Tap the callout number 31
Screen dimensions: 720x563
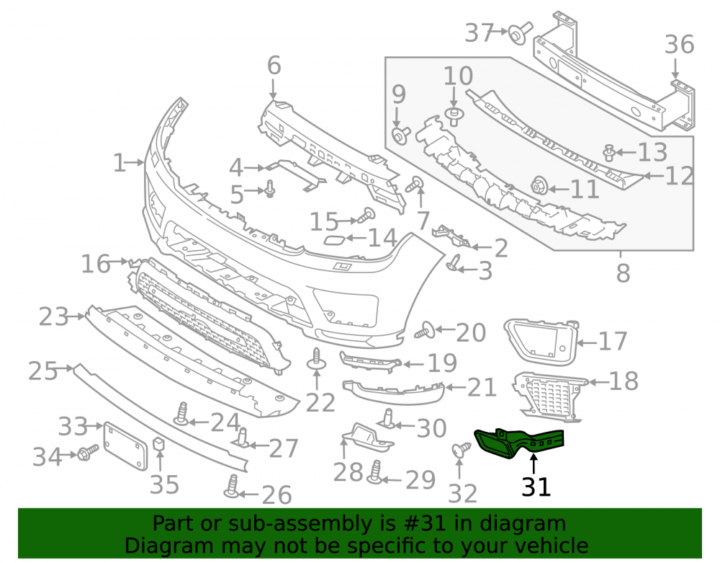[x=536, y=487]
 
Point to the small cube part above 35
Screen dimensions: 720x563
[x=158, y=443]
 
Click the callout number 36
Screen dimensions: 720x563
[x=680, y=45]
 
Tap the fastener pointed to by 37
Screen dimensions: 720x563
[x=520, y=33]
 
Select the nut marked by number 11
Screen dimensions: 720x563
[x=538, y=186]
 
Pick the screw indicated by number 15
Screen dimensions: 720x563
[x=366, y=214]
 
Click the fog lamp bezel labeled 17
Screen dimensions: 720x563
[x=541, y=341]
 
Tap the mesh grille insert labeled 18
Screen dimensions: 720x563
[x=549, y=396]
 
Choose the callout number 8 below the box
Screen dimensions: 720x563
[x=623, y=273]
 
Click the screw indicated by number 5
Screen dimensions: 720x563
[x=269, y=189]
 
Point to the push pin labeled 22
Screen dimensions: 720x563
[x=316, y=360]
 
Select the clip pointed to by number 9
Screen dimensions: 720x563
[x=400, y=136]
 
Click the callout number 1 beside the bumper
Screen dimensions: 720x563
[x=120, y=163]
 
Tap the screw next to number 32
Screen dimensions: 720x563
[x=461, y=449]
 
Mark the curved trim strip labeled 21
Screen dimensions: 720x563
[x=393, y=391]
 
